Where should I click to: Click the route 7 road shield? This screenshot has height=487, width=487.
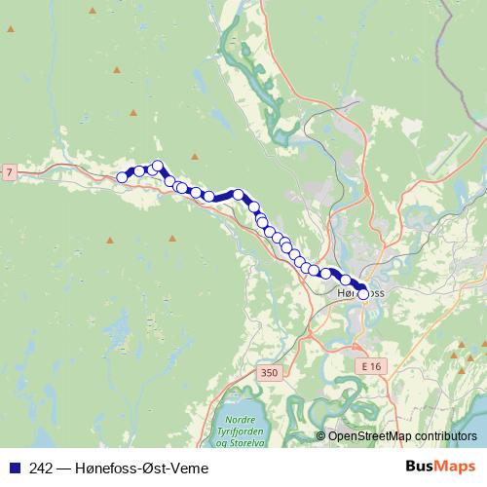(9, 172)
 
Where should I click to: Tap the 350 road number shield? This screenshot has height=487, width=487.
(270, 372)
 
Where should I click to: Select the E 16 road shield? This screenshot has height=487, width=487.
(369, 366)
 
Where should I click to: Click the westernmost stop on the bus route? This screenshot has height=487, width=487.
(123, 177)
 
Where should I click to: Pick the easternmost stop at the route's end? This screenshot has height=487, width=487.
(363, 293)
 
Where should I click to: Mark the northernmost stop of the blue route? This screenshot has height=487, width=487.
(157, 166)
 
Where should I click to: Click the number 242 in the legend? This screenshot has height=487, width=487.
(42, 468)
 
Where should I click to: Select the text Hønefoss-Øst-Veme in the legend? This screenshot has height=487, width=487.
(145, 468)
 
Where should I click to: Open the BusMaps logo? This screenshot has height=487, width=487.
(440, 467)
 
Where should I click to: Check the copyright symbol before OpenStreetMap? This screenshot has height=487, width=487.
(321, 436)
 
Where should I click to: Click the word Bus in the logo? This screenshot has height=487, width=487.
(420, 467)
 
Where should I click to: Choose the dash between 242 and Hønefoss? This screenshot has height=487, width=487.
(63, 468)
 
